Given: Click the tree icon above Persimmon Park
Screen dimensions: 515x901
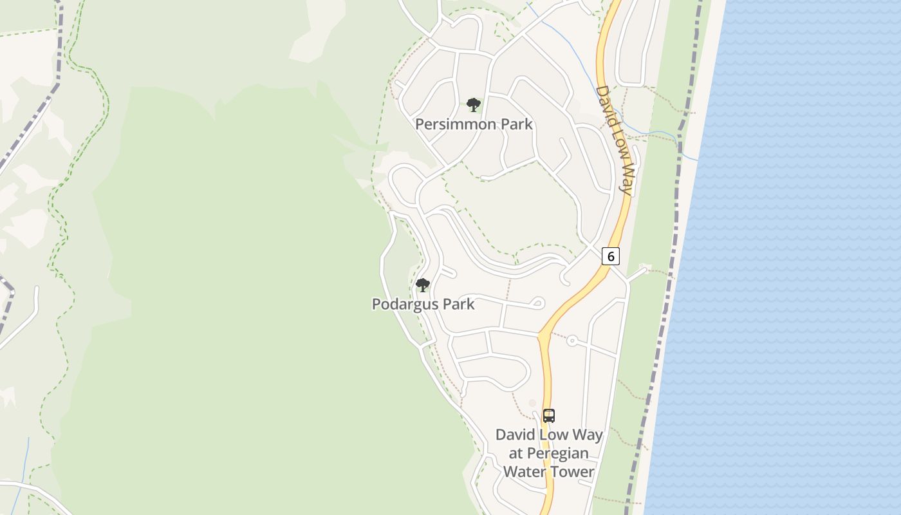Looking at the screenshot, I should coord(474,104).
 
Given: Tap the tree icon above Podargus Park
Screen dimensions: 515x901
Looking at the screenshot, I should coord(423,285).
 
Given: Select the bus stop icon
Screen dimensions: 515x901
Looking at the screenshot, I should coord(548,416).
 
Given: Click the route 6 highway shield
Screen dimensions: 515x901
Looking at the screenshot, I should coord(610,256).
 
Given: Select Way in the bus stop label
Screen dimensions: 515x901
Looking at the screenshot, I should coord(587,435).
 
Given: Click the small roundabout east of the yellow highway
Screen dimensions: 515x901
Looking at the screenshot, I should coord(571,341).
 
